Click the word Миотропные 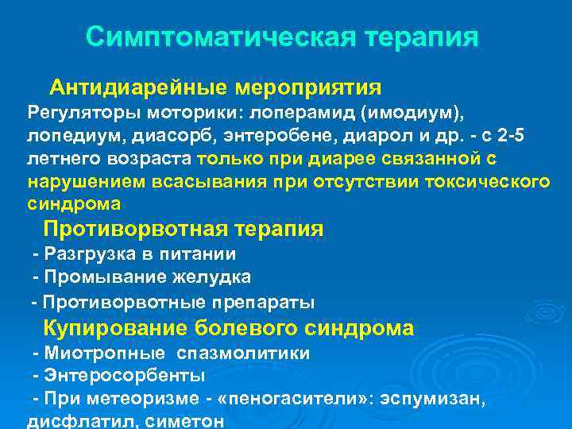pos(105,353)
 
